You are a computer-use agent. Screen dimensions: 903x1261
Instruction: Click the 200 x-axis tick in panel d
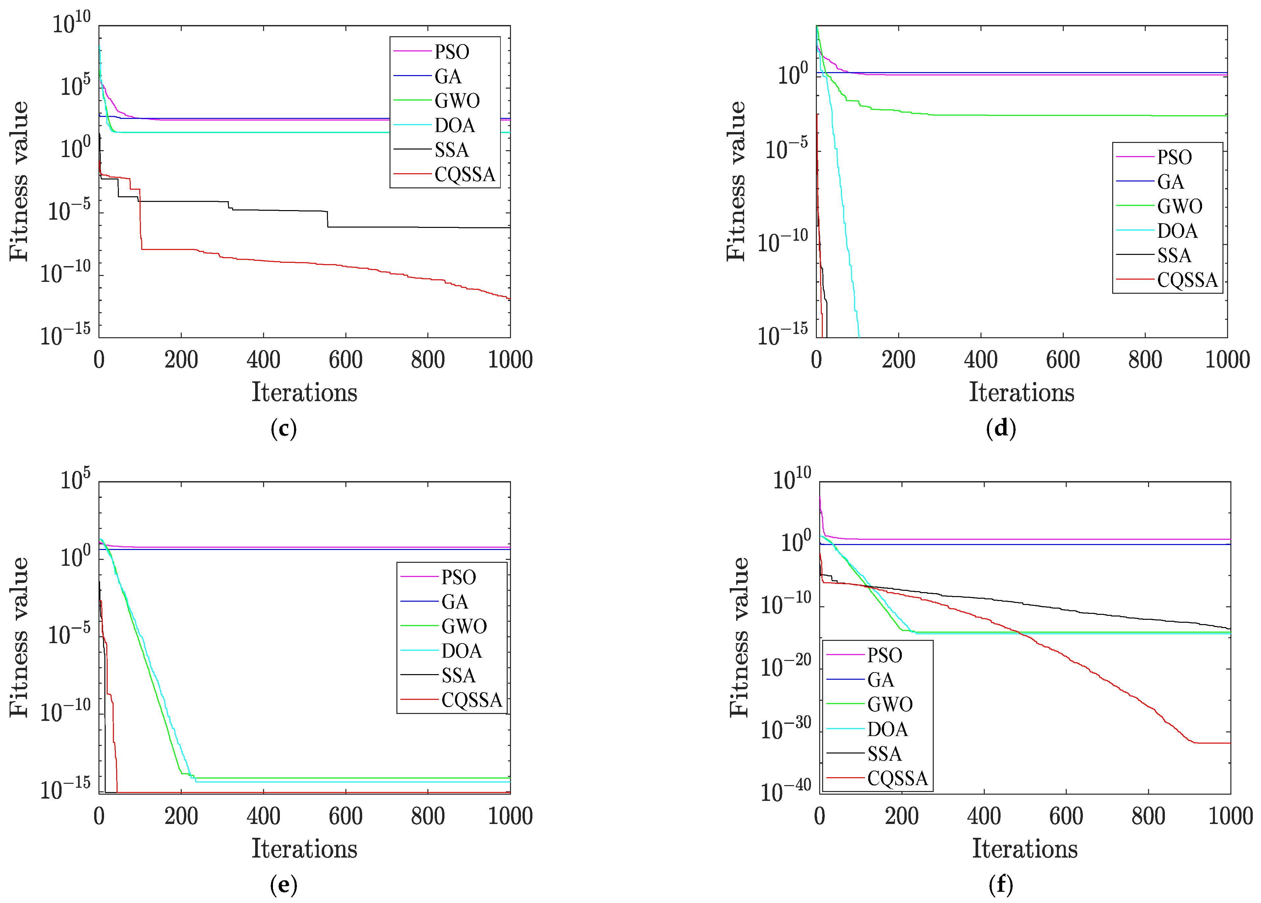(898, 360)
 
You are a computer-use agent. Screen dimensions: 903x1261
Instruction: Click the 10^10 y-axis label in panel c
(71, 23)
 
